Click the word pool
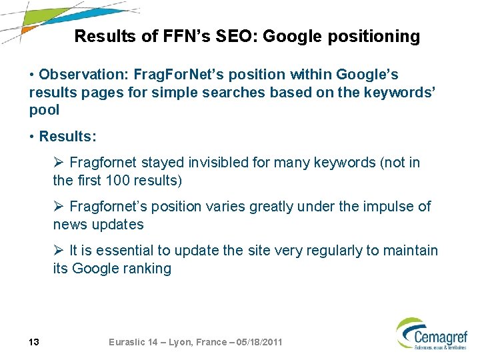pyautogui.click(x=44, y=109)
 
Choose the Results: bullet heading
pyautogui.click(x=67, y=137)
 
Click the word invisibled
pyautogui.click(x=219, y=163)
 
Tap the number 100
pyautogui.click(x=119, y=180)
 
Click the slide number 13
pyautogui.click(x=35, y=342)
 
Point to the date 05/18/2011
pyautogui.click(x=255, y=342)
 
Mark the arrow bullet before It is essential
pyautogui.click(x=59, y=251)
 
